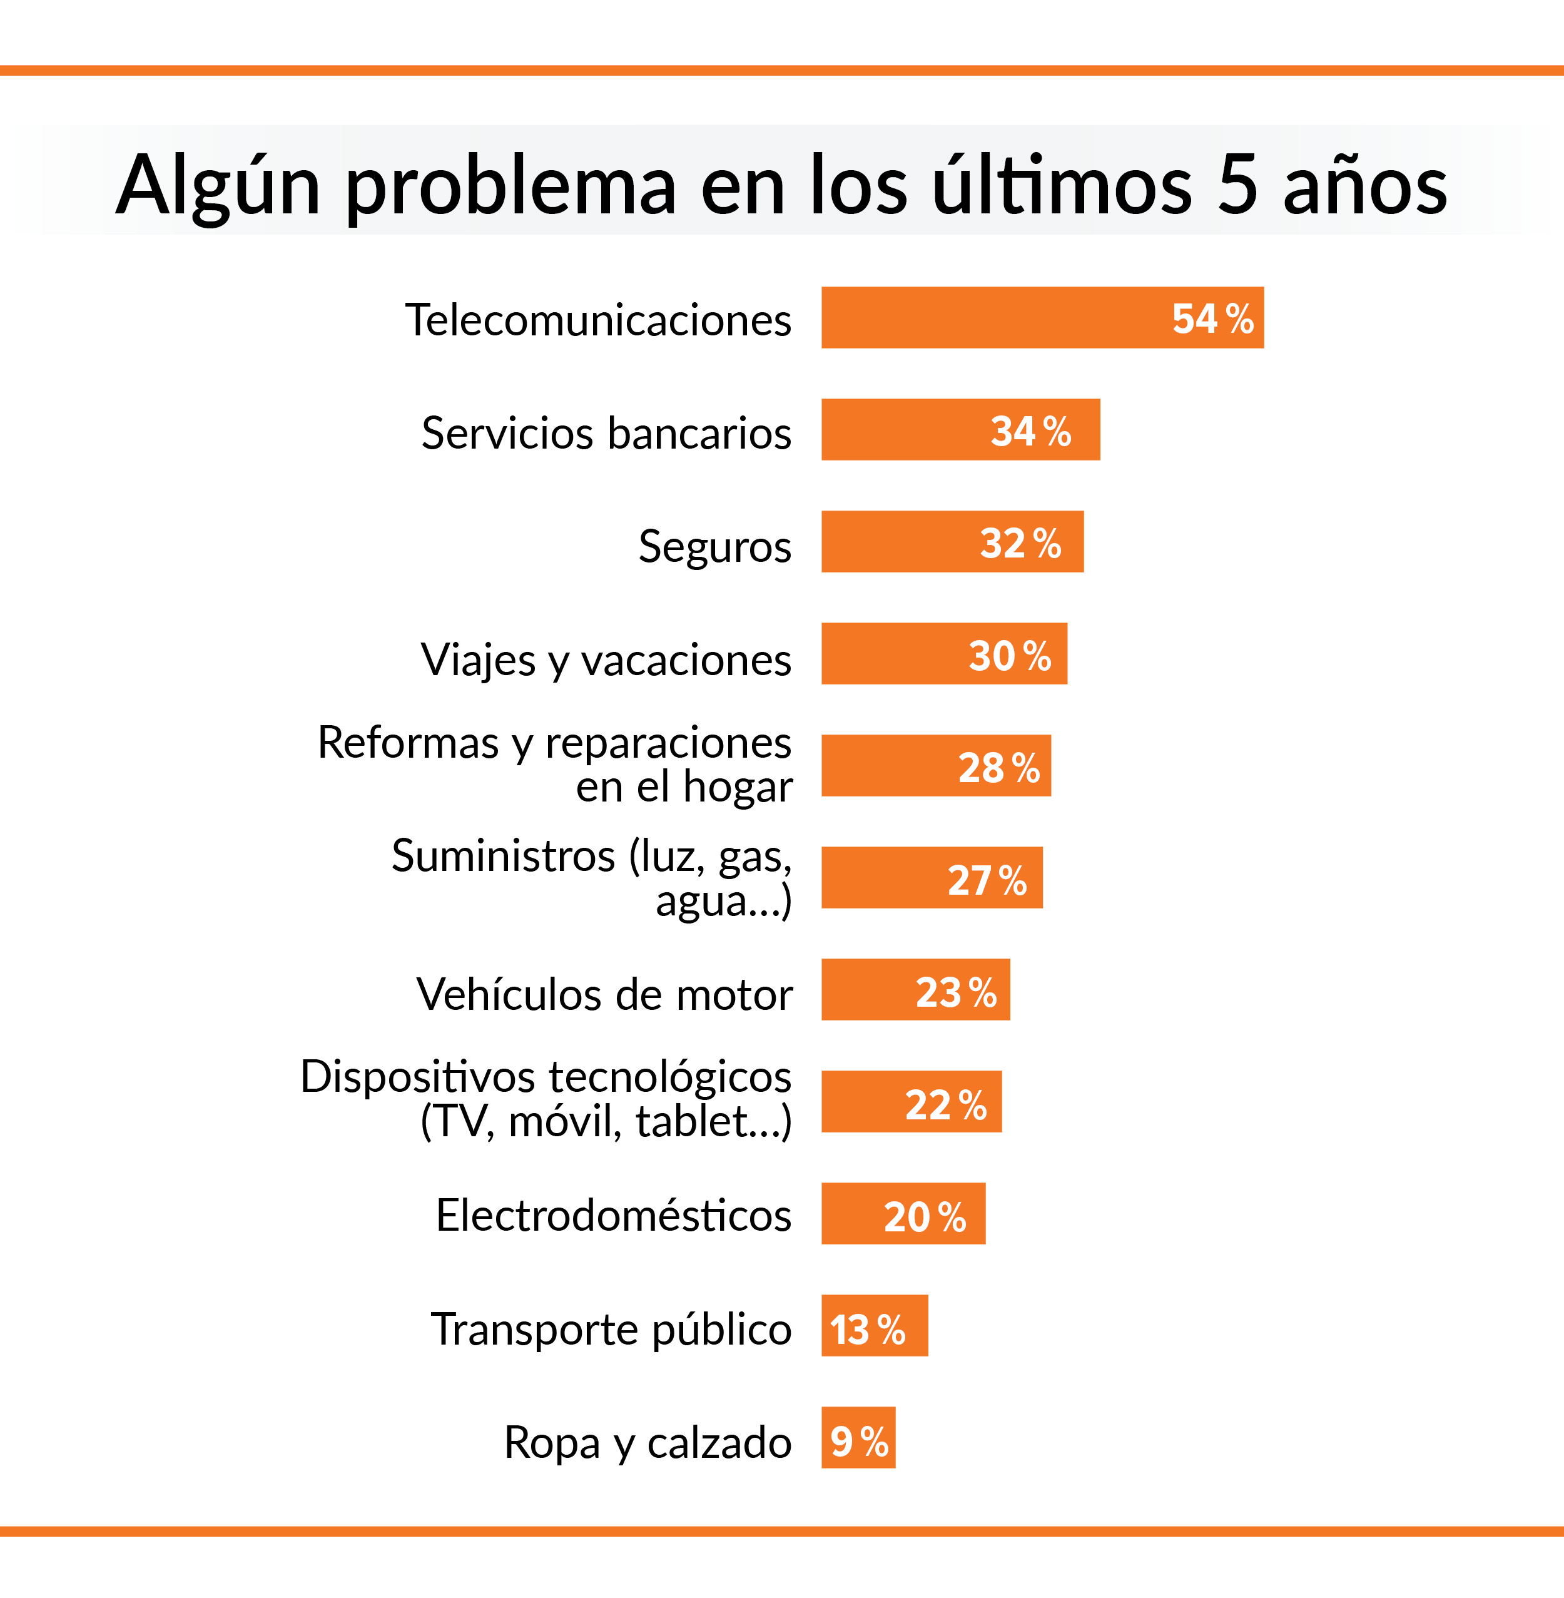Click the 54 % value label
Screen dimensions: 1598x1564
pyautogui.click(x=1212, y=318)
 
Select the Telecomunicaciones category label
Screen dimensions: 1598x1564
pyautogui.click(x=598, y=320)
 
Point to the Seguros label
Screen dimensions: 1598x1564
pyautogui.click(x=714, y=546)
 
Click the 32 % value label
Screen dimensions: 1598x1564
pyautogui.click(x=1020, y=543)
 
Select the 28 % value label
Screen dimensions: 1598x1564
pyautogui.click(x=999, y=767)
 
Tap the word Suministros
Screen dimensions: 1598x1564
pyautogui.click(x=503, y=856)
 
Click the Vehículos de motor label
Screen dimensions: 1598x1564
pyautogui.click(x=604, y=994)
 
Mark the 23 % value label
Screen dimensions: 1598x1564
pyautogui.click(x=956, y=992)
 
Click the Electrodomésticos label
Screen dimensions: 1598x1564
pyautogui.click(x=614, y=1215)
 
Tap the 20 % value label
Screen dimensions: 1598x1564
pyautogui.click(x=925, y=1216)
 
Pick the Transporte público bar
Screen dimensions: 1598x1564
pyautogui.click(x=874, y=1325)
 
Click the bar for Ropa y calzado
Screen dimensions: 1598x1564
pyautogui.click(x=858, y=1438)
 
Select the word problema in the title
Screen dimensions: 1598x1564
pyautogui.click(x=511, y=186)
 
